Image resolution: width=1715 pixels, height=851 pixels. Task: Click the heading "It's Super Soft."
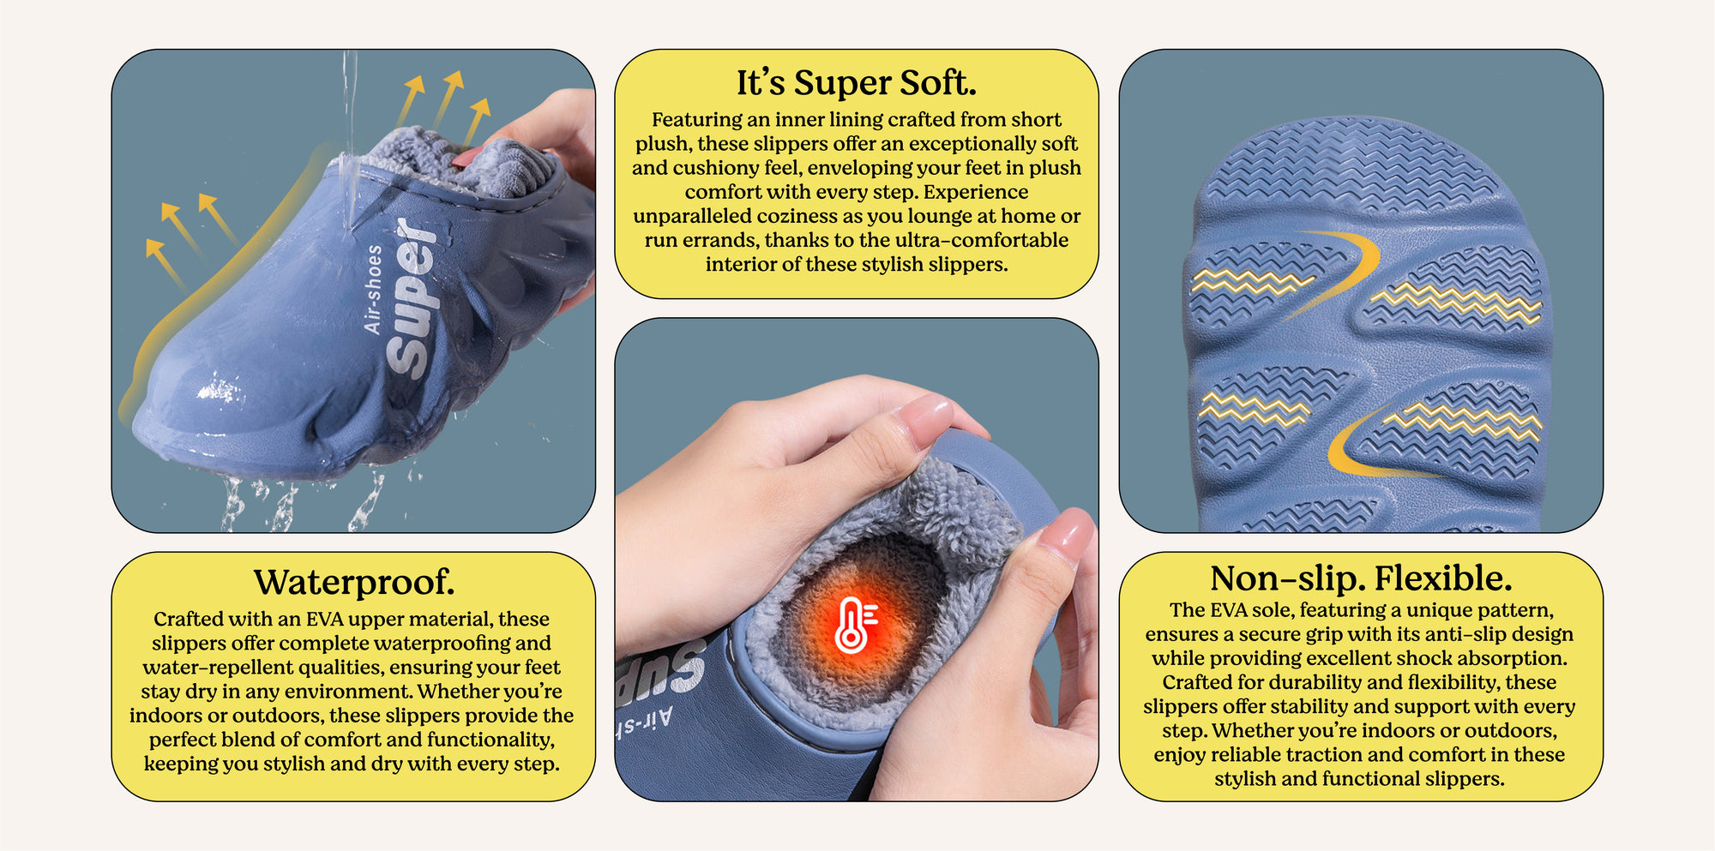tap(857, 83)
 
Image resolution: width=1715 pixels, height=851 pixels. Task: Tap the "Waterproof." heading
tap(354, 582)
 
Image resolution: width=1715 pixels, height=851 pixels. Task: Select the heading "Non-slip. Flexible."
tap(1361, 578)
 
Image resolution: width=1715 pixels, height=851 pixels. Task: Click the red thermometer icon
tap(855, 625)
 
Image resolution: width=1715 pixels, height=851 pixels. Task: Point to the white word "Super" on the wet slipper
tap(412, 298)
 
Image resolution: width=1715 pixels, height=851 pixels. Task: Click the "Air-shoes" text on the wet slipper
tap(372, 290)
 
